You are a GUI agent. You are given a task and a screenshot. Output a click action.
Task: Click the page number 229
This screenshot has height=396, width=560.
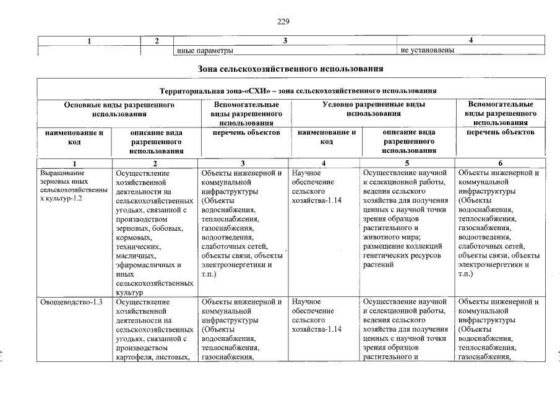coord(283,22)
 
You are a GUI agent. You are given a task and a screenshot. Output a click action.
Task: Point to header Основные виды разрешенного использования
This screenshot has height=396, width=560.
coord(119,110)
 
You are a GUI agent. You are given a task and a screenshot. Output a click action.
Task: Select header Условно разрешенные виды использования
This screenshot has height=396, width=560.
coord(374,110)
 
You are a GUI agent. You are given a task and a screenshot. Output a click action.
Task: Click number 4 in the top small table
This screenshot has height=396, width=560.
coord(471,41)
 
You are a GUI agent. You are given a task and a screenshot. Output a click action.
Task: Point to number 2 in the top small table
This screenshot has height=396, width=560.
coord(157,41)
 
